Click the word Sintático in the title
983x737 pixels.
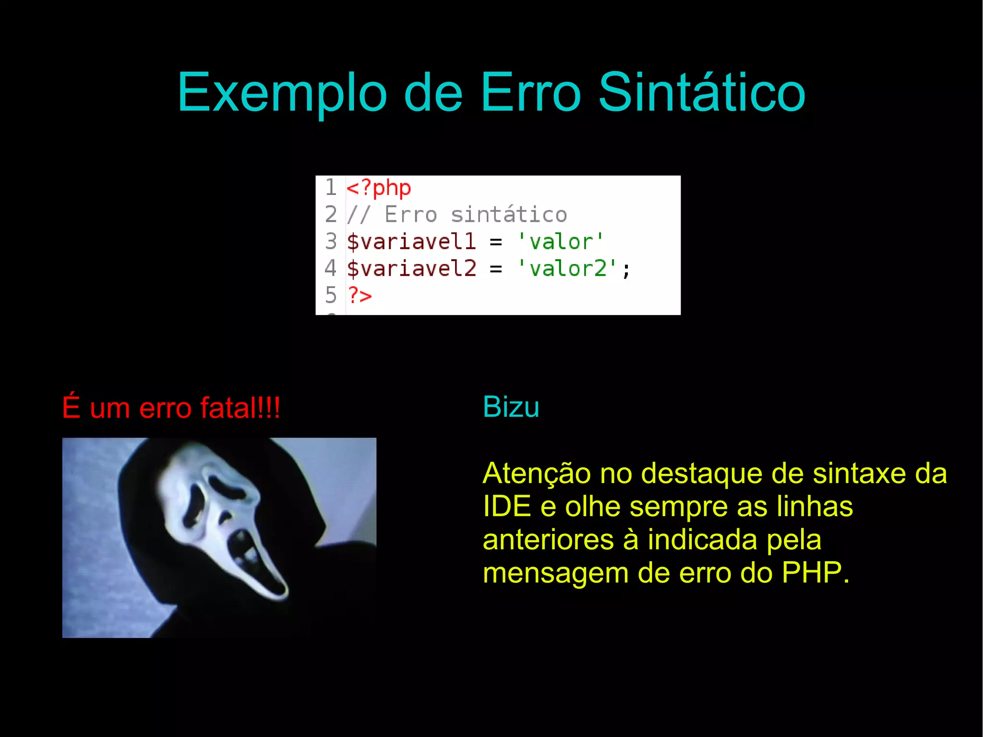click(702, 92)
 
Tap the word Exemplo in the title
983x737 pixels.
click(282, 93)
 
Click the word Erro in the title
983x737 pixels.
click(530, 92)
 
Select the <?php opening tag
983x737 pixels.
click(379, 188)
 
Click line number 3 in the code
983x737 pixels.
click(331, 242)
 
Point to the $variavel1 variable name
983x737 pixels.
click(411, 242)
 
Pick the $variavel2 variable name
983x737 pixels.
click(411, 268)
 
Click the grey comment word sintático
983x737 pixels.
click(509, 215)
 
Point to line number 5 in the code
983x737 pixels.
click(331, 295)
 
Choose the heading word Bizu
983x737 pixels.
click(511, 407)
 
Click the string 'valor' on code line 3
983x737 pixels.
click(561, 242)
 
